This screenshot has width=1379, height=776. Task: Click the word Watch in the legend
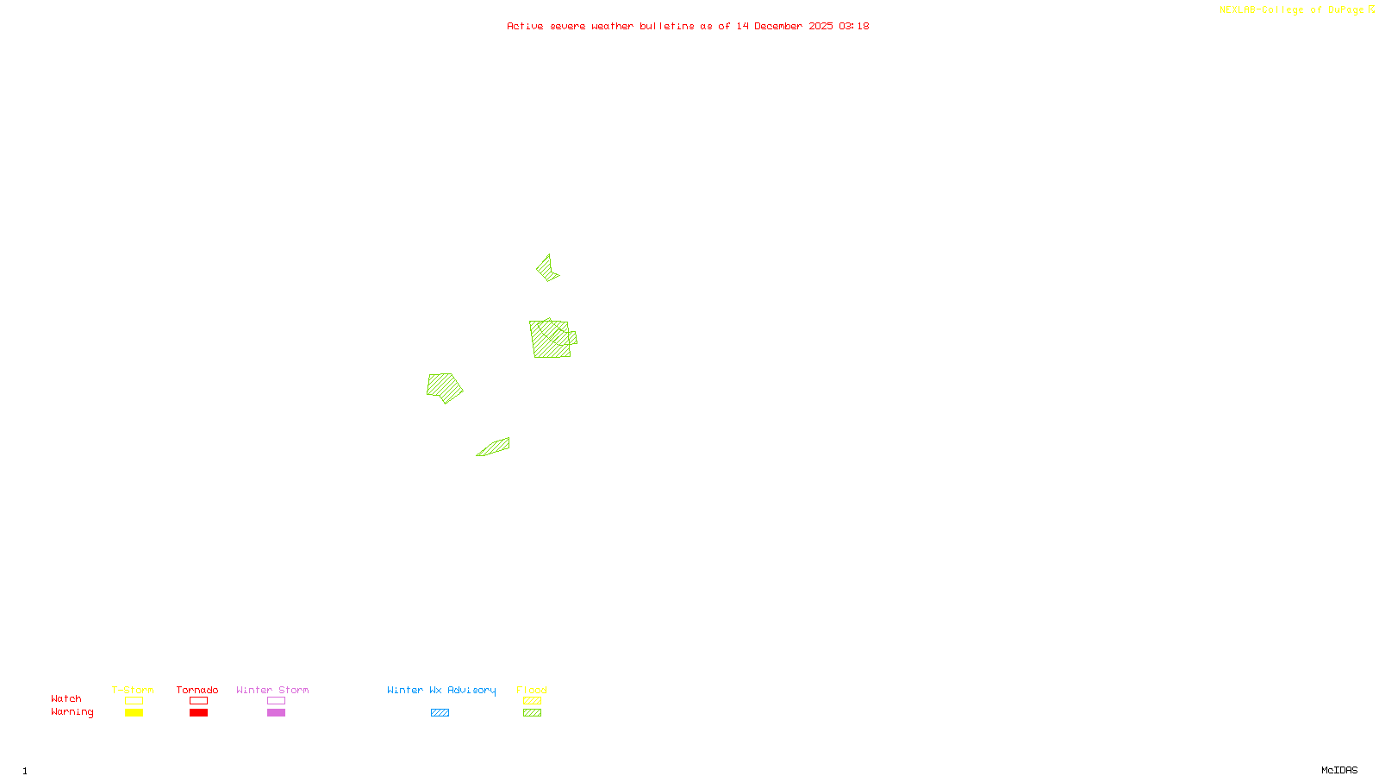pyautogui.click(x=66, y=698)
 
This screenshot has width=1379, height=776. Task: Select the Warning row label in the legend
pyautogui.click(x=72, y=712)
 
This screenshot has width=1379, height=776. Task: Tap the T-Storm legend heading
pyautogui.click(x=133, y=690)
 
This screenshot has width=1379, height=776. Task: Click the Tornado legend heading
pyautogui.click(x=197, y=690)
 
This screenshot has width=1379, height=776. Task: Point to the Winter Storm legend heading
pyautogui.click(x=272, y=690)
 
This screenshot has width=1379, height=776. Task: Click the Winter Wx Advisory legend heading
pyautogui.click(x=441, y=690)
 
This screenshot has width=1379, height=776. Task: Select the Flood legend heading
pyautogui.click(x=532, y=690)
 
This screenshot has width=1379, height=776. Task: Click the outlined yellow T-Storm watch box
pyautogui.click(x=134, y=701)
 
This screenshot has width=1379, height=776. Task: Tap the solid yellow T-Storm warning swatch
pyautogui.click(x=134, y=713)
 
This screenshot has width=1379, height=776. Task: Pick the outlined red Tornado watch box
pyautogui.click(x=199, y=701)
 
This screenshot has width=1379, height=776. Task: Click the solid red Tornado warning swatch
pyautogui.click(x=199, y=713)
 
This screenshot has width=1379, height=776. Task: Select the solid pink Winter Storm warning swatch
pyautogui.click(x=276, y=713)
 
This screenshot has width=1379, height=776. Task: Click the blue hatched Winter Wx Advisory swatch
pyautogui.click(x=440, y=713)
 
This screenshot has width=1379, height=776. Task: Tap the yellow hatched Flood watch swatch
pyautogui.click(x=532, y=701)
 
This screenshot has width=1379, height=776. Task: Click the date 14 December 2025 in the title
pyautogui.click(x=784, y=26)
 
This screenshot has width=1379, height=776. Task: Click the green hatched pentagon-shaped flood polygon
pyautogui.click(x=444, y=387)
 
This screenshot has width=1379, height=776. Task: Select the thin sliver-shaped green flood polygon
pyautogui.click(x=495, y=447)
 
